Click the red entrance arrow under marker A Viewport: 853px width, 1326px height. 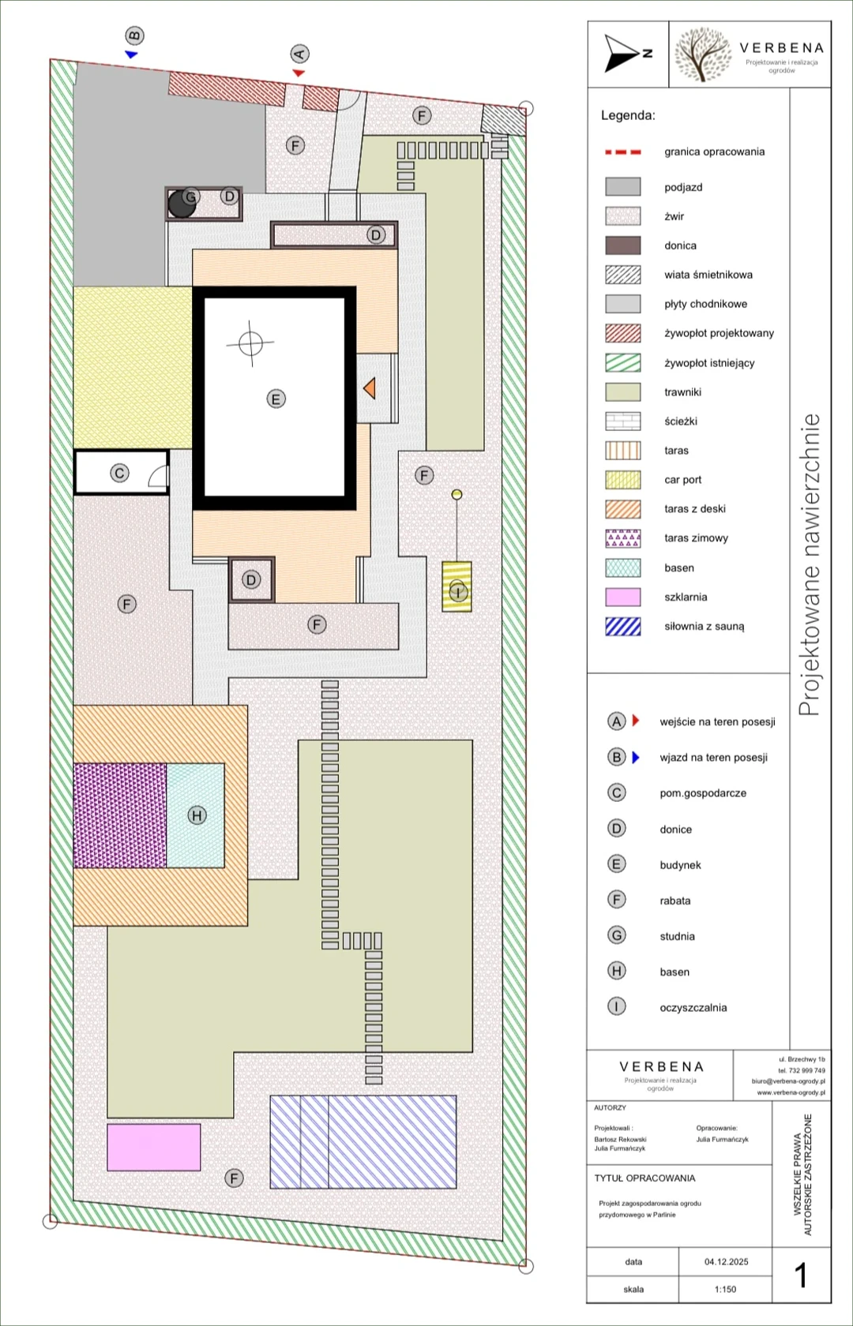299,73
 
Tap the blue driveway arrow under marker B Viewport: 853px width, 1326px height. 131,54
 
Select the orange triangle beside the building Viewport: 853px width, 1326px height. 370,388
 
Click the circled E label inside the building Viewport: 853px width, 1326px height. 276,399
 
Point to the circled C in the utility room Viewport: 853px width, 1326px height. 120,473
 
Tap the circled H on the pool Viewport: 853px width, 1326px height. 197,815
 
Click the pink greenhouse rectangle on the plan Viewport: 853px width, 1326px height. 153,1147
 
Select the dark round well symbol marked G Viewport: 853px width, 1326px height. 182,204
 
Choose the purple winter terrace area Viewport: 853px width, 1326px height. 120,815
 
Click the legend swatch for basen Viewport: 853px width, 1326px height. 622,567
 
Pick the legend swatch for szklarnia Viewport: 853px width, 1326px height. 622,597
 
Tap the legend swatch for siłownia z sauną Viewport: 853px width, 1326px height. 622,627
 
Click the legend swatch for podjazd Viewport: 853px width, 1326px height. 622,186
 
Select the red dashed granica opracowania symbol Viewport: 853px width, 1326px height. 622,152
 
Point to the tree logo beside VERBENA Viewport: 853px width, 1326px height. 703,54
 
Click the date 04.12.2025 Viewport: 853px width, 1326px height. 727,1261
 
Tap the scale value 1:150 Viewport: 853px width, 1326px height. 725,1289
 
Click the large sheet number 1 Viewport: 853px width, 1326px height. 800,1275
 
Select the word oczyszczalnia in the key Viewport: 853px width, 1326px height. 693,1007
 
